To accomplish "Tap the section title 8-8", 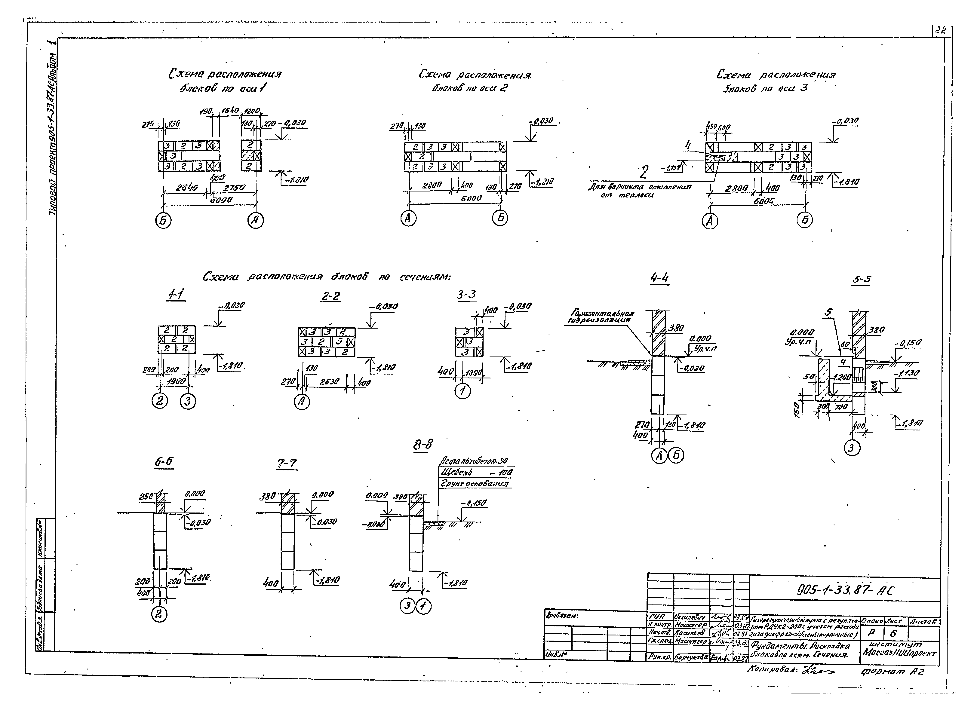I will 423,444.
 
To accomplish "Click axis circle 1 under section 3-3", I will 463,391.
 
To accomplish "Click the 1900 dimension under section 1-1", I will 176,381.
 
